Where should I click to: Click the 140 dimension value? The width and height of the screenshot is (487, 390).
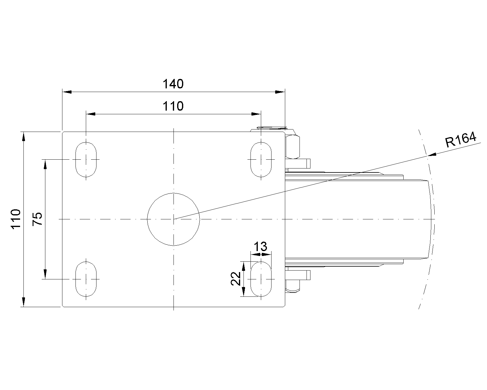point(173,84)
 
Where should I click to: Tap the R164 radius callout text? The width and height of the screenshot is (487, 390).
point(461,140)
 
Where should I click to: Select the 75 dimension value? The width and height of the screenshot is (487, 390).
point(37,219)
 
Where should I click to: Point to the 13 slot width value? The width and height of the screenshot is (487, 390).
point(261,246)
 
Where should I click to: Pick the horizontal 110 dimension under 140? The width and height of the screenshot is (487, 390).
point(173,106)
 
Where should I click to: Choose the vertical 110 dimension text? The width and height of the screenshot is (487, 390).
point(16,219)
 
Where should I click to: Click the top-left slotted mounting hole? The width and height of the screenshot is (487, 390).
point(86,160)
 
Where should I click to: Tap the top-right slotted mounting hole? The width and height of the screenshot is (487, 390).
point(261,160)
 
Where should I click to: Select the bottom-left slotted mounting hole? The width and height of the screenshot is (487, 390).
point(86,279)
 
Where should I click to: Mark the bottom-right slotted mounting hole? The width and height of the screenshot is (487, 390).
point(261,279)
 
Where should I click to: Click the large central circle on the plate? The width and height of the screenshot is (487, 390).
point(173,219)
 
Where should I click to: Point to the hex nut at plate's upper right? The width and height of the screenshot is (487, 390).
point(293,147)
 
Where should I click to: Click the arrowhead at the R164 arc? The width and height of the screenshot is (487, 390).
point(432,154)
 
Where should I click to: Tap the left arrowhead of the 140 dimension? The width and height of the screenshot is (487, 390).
point(67,92)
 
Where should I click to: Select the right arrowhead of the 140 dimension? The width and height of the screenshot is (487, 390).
point(280,92)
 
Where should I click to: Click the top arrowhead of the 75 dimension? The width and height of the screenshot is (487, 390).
point(45,164)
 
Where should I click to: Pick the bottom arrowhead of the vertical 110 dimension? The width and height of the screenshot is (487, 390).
point(23,302)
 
